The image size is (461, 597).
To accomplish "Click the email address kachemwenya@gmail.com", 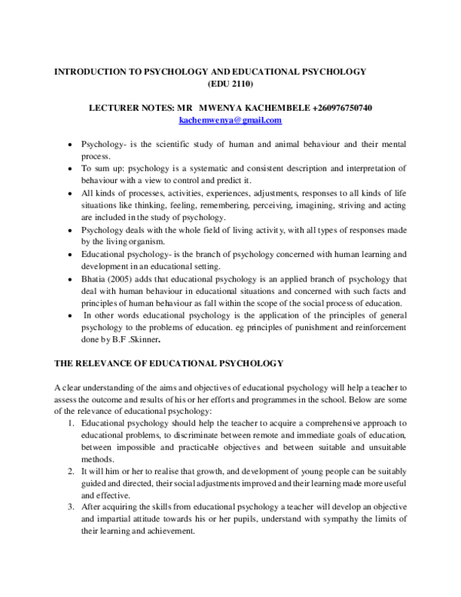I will pyautogui.click(x=230, y=122).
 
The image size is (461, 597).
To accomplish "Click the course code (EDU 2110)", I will pyautogui.click(x=230, y=83).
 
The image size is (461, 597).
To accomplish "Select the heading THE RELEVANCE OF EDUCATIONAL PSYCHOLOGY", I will pyautogui.click(x=169, y=362).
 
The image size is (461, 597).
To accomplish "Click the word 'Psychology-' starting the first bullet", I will pyautogui.click(x=104, y=144).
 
